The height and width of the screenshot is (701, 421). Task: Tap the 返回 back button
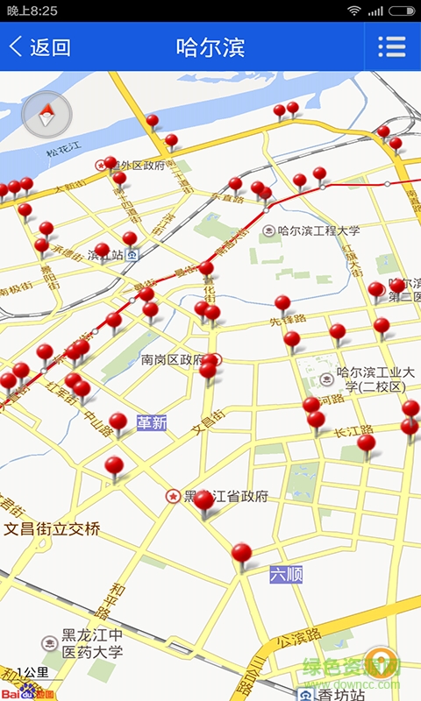pyautogui.click(x=39, y=47)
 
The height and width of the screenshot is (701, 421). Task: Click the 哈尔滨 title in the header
pyautogui.click(x=210, y=47)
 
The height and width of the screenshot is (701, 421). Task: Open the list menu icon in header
pyautogui.click(x=391, y=47)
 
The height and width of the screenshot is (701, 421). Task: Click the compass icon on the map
pyautogui.click(x=46, y=115)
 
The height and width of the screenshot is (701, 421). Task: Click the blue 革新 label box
pyautogui.click(x=152, y=423)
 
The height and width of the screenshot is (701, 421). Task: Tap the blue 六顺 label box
pyautogui.click(x=286, y=575)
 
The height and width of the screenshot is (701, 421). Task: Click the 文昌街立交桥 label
pyautogui.click(x=53, y=529)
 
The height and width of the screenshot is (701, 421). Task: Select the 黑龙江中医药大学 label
pyautogui.click(x=91, y=643)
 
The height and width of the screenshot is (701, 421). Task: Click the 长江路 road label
pyautogui.click(x=353, y=430)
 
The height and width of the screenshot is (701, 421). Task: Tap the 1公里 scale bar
pyautogui.click(x=32, y=674)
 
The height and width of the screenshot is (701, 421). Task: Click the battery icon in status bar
pyautogui.click(x=402, y=11)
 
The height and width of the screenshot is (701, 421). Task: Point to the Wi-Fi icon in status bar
pyautogui.click(x=354, y=11)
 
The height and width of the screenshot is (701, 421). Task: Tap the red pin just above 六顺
pyautogui.click(x=241, y=554)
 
